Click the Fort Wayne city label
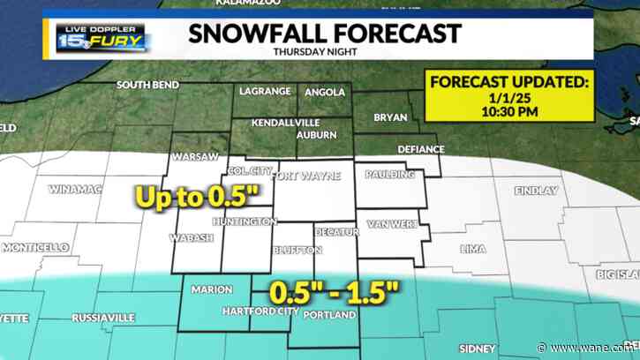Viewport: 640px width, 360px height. [305, 176]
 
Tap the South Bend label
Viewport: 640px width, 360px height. [148, 86]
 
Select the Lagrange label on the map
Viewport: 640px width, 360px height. [264, 92]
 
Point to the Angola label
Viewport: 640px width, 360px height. [324, 92]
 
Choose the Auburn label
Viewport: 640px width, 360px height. [316, 135]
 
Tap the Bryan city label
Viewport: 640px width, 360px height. [390, 116]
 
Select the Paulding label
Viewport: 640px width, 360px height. [389, 175]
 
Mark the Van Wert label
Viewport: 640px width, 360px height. [392, 224]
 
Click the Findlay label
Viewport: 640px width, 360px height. [535, 191]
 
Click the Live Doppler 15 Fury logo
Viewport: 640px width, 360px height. [102, 35]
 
